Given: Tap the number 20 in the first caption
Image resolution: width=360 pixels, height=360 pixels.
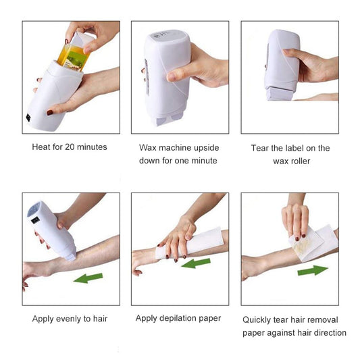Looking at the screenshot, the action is [70, 147].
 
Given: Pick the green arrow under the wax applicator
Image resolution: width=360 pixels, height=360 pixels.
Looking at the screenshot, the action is [88, 278].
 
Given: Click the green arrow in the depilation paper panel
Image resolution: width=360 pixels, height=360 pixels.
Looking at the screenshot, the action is [196, 263].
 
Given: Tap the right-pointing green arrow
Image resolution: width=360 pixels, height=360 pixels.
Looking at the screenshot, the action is [313, 270].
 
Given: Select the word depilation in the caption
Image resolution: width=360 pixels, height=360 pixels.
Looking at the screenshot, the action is [178, 319].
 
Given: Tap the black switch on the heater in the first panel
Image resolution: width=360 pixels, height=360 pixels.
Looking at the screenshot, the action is [28, 118].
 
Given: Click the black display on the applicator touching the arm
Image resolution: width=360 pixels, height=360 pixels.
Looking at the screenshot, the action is [35, 220].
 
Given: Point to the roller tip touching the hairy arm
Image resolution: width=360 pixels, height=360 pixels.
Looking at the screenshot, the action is [70, 257].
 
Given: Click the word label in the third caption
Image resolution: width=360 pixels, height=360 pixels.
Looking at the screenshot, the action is [292, 149].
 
